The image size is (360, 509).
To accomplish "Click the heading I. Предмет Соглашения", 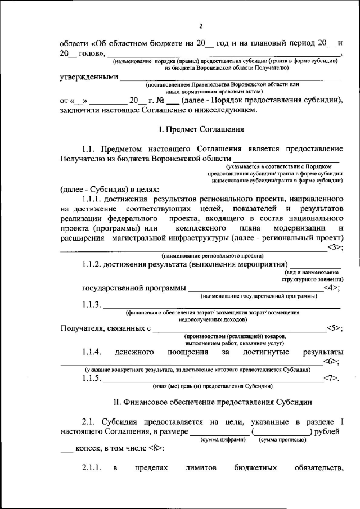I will (201, 129).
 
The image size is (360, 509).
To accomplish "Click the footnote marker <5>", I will (334, 328).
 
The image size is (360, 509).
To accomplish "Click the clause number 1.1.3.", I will (92, 305).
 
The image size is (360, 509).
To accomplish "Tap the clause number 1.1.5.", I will (92, 379).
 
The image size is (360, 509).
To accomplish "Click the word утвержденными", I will (89, 77).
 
